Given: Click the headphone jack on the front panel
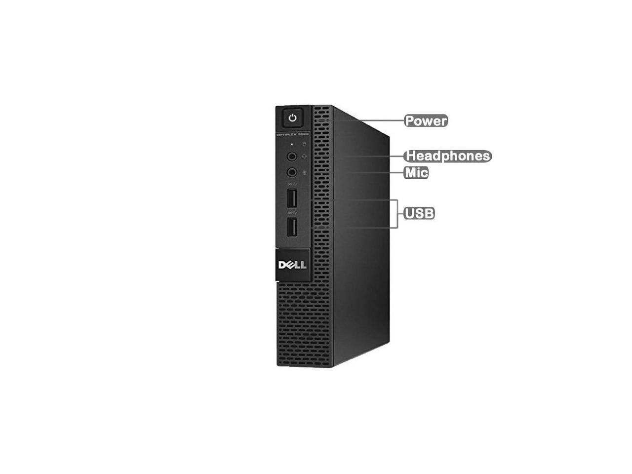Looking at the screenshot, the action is coord(292,157).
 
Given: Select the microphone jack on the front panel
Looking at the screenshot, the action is coord(292,172).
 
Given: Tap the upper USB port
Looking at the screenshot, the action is coord(292,199).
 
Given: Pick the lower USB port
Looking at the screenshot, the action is coord(292,227).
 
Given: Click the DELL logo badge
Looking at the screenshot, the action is coord(292,265).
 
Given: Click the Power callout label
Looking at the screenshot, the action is coord(426,120).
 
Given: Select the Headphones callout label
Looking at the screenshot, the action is coord(447,156).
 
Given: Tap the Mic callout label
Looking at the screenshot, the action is coord(416,173).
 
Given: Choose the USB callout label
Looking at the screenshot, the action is coord(419,213).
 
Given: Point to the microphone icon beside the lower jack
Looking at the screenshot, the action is coord(304,172).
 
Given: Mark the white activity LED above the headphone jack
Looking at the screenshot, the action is coord(292,144).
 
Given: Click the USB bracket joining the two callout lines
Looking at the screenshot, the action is coord(396,214).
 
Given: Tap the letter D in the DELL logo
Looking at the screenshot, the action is coord(282,265).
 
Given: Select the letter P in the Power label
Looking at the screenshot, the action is coord(410,121).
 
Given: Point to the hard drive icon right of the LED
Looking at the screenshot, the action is coord(304,144).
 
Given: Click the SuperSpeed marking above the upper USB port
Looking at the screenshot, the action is coord(291,185).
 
